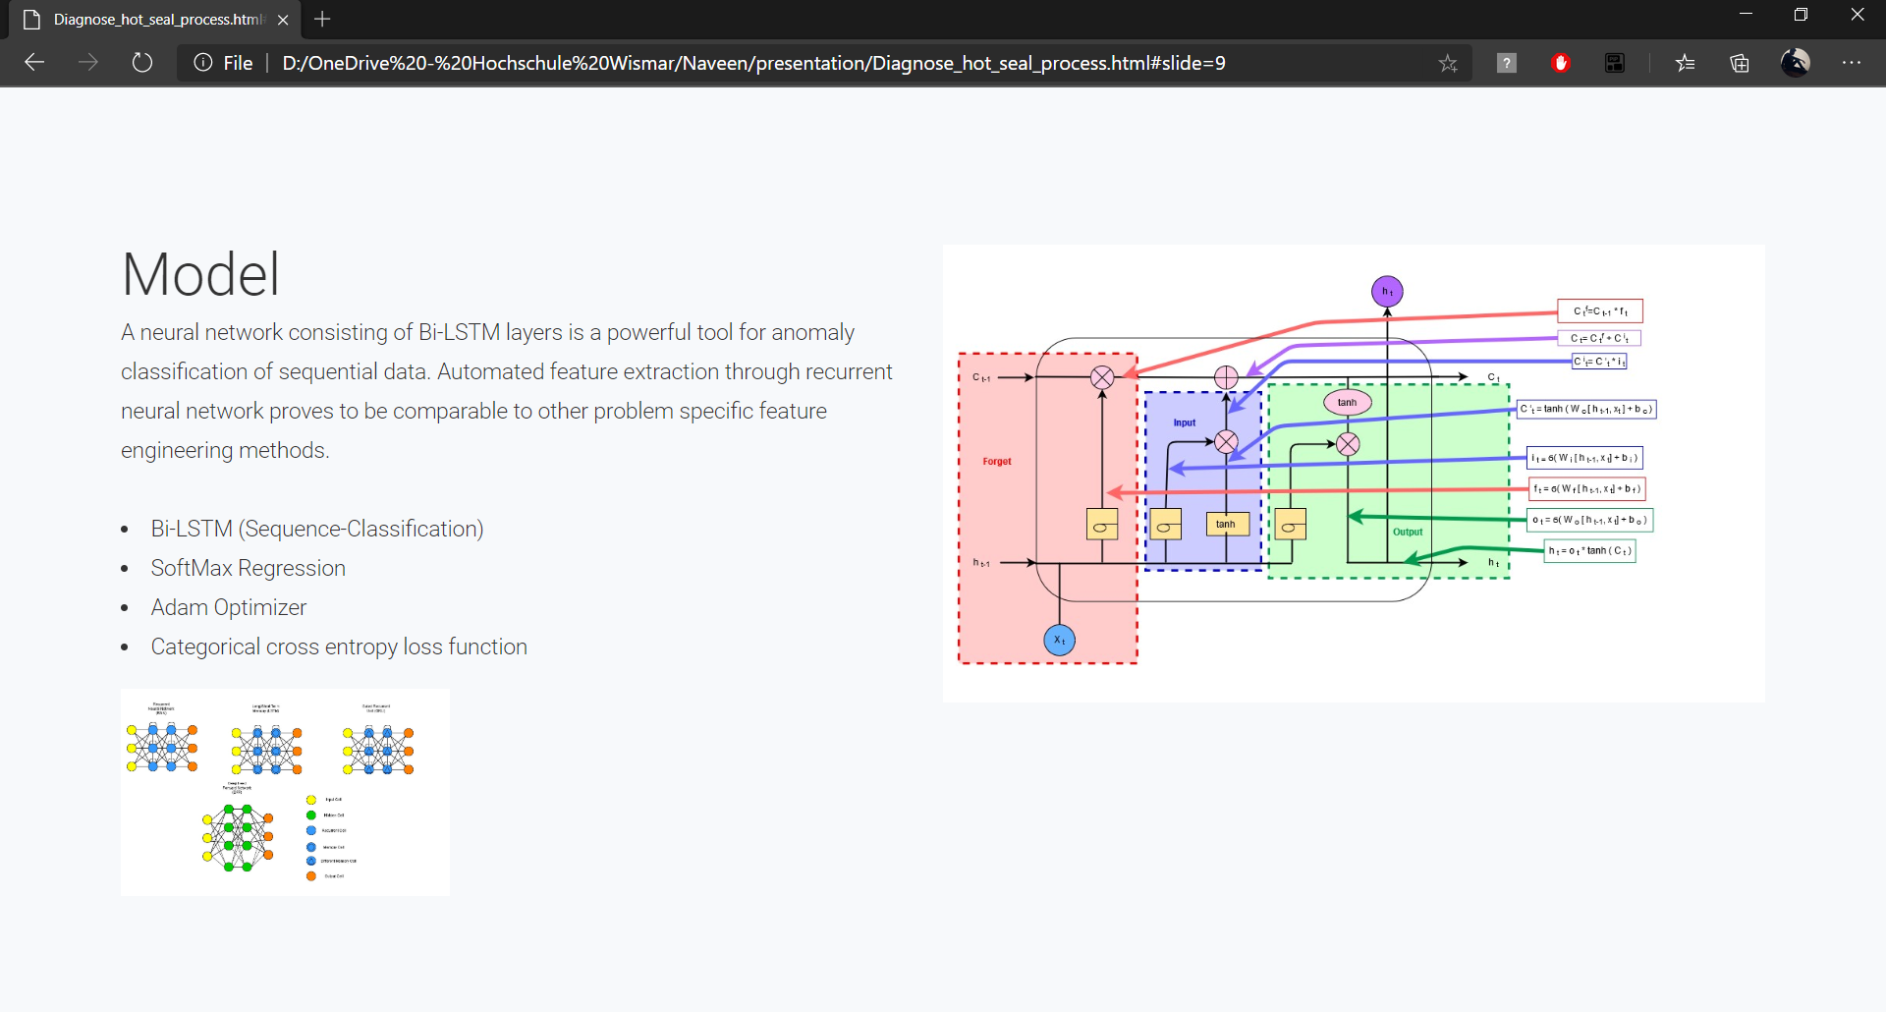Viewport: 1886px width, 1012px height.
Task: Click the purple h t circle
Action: click(1387, 292)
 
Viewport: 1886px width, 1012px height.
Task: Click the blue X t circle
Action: click(1059, 641)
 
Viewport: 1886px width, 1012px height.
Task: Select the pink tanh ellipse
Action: click(1347, 402)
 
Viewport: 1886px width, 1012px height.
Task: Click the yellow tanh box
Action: click(1227, 525)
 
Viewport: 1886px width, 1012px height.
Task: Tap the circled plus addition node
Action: click(1226, 377)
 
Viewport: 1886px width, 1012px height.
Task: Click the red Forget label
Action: click(997, 462)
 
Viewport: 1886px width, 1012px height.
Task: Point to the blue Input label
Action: click(1185, 423)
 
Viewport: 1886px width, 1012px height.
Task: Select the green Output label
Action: click(1408, 533)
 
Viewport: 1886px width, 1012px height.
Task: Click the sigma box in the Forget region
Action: click(1102, 526)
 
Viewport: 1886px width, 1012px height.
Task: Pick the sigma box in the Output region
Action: click(1291, 526)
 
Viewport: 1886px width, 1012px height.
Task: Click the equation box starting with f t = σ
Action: click(1586, 488)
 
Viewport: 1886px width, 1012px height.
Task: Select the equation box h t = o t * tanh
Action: click(1589, 551)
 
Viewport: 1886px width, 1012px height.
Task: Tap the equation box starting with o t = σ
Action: click(1589, 520)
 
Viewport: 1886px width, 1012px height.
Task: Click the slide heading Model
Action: click(200, 274)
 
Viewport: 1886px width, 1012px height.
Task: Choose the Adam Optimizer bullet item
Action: click(228, 608)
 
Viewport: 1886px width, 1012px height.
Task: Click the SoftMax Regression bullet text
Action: click(248, 569)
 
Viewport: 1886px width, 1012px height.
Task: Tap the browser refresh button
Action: click(142, 63)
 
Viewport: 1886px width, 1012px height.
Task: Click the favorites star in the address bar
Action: click(1448, 64)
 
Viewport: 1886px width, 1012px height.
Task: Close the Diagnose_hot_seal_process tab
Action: click(283, 20)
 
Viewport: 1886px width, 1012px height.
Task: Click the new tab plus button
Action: click(322, 20)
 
